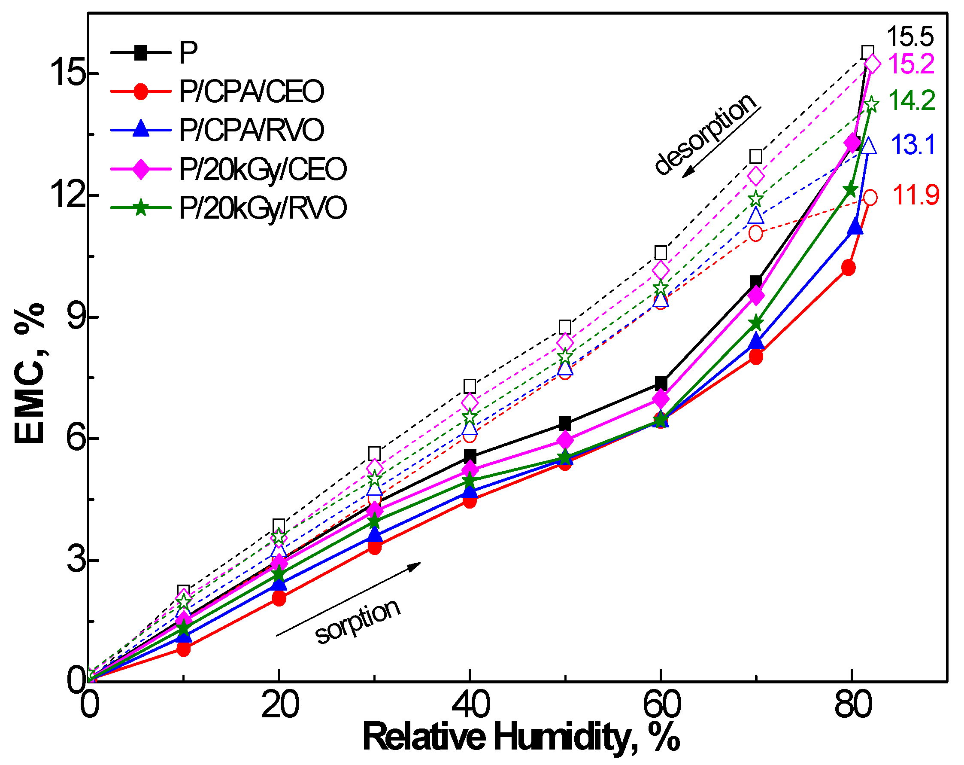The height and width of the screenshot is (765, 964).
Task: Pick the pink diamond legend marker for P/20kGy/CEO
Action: (141, 169)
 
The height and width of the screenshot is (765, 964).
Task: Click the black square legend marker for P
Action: (141, 53)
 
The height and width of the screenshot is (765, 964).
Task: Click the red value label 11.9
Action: (915, 195)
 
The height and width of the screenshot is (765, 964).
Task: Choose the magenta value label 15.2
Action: (911, 64)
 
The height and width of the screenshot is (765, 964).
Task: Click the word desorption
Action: (705, 134)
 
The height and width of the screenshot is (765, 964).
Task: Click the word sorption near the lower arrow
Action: (358, 622)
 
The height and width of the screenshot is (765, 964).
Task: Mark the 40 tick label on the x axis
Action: (470, 705)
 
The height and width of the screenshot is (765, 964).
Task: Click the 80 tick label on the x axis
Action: (853, 705)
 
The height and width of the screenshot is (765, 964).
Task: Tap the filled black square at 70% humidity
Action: (756, 282)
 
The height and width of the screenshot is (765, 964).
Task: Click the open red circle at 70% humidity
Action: (756, 234)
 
